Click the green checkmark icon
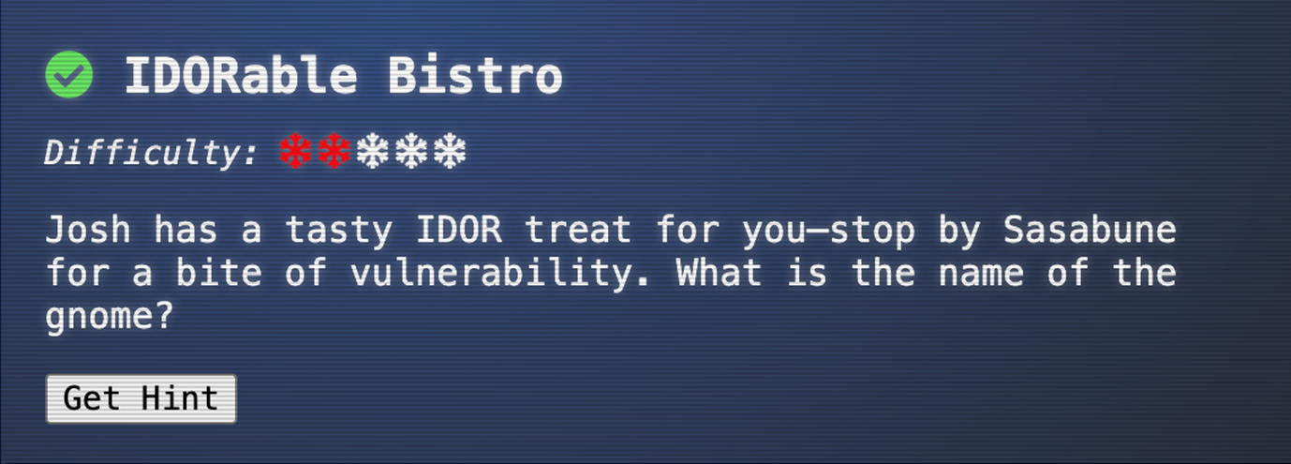click(69, 74)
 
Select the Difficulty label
click(151, 153)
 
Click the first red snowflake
click(295, 151)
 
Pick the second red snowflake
click(334, 151)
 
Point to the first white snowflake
click(373, 151)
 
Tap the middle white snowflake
click(411, 151)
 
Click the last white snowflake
click(450, 151)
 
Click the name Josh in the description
click(88, 230)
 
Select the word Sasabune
click(1090, 230)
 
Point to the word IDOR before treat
click(459, 230)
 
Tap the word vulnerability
click(499, 273)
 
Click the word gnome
click(110, 317)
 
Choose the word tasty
click(339, 231)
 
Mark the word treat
click(578, 230)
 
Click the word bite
click(219, 273)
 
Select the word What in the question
click(719, 273)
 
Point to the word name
click(981, 274)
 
